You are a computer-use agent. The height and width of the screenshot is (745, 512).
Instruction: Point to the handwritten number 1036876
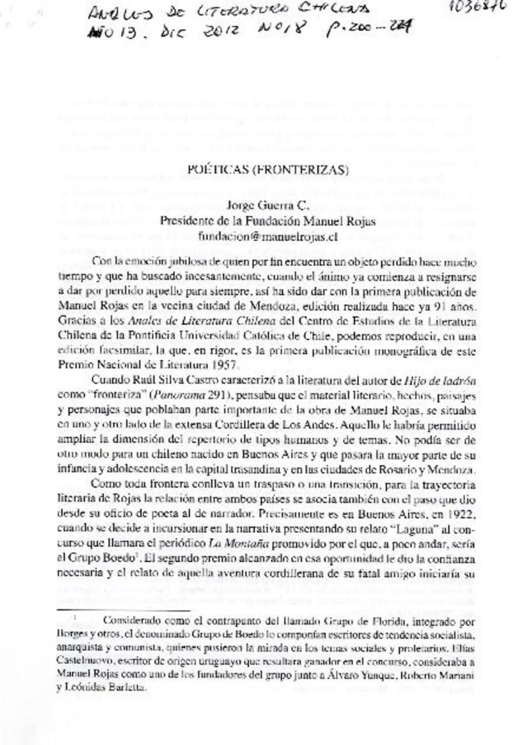pyautogui.click(x=474, y=8)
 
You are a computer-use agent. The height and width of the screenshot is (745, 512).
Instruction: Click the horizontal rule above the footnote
pyautogui.click(x=95, y=610)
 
